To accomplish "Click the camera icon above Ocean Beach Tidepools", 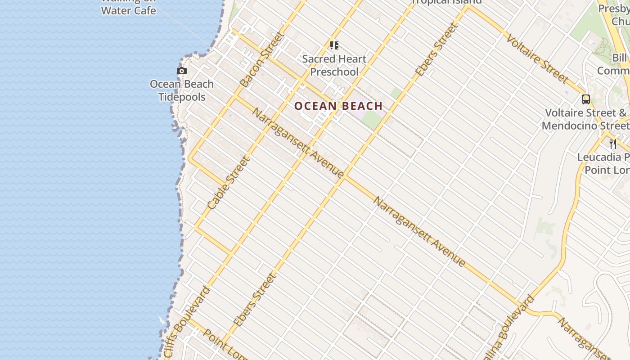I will [182, 71].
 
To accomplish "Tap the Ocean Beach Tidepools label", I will [182, 90].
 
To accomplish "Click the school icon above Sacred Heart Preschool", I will [334, 45].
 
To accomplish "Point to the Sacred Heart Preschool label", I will [334, 65].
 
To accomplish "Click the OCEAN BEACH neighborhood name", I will [338, 106].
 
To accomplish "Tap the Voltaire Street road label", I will [537, 58].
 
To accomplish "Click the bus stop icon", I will [585, 99].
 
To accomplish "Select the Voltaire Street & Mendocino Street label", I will [585, 119].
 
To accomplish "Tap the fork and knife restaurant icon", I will [612, 144].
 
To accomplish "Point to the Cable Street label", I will [228, 182].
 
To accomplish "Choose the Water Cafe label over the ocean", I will [128, 10].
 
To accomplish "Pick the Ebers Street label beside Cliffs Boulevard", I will [254, 300].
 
